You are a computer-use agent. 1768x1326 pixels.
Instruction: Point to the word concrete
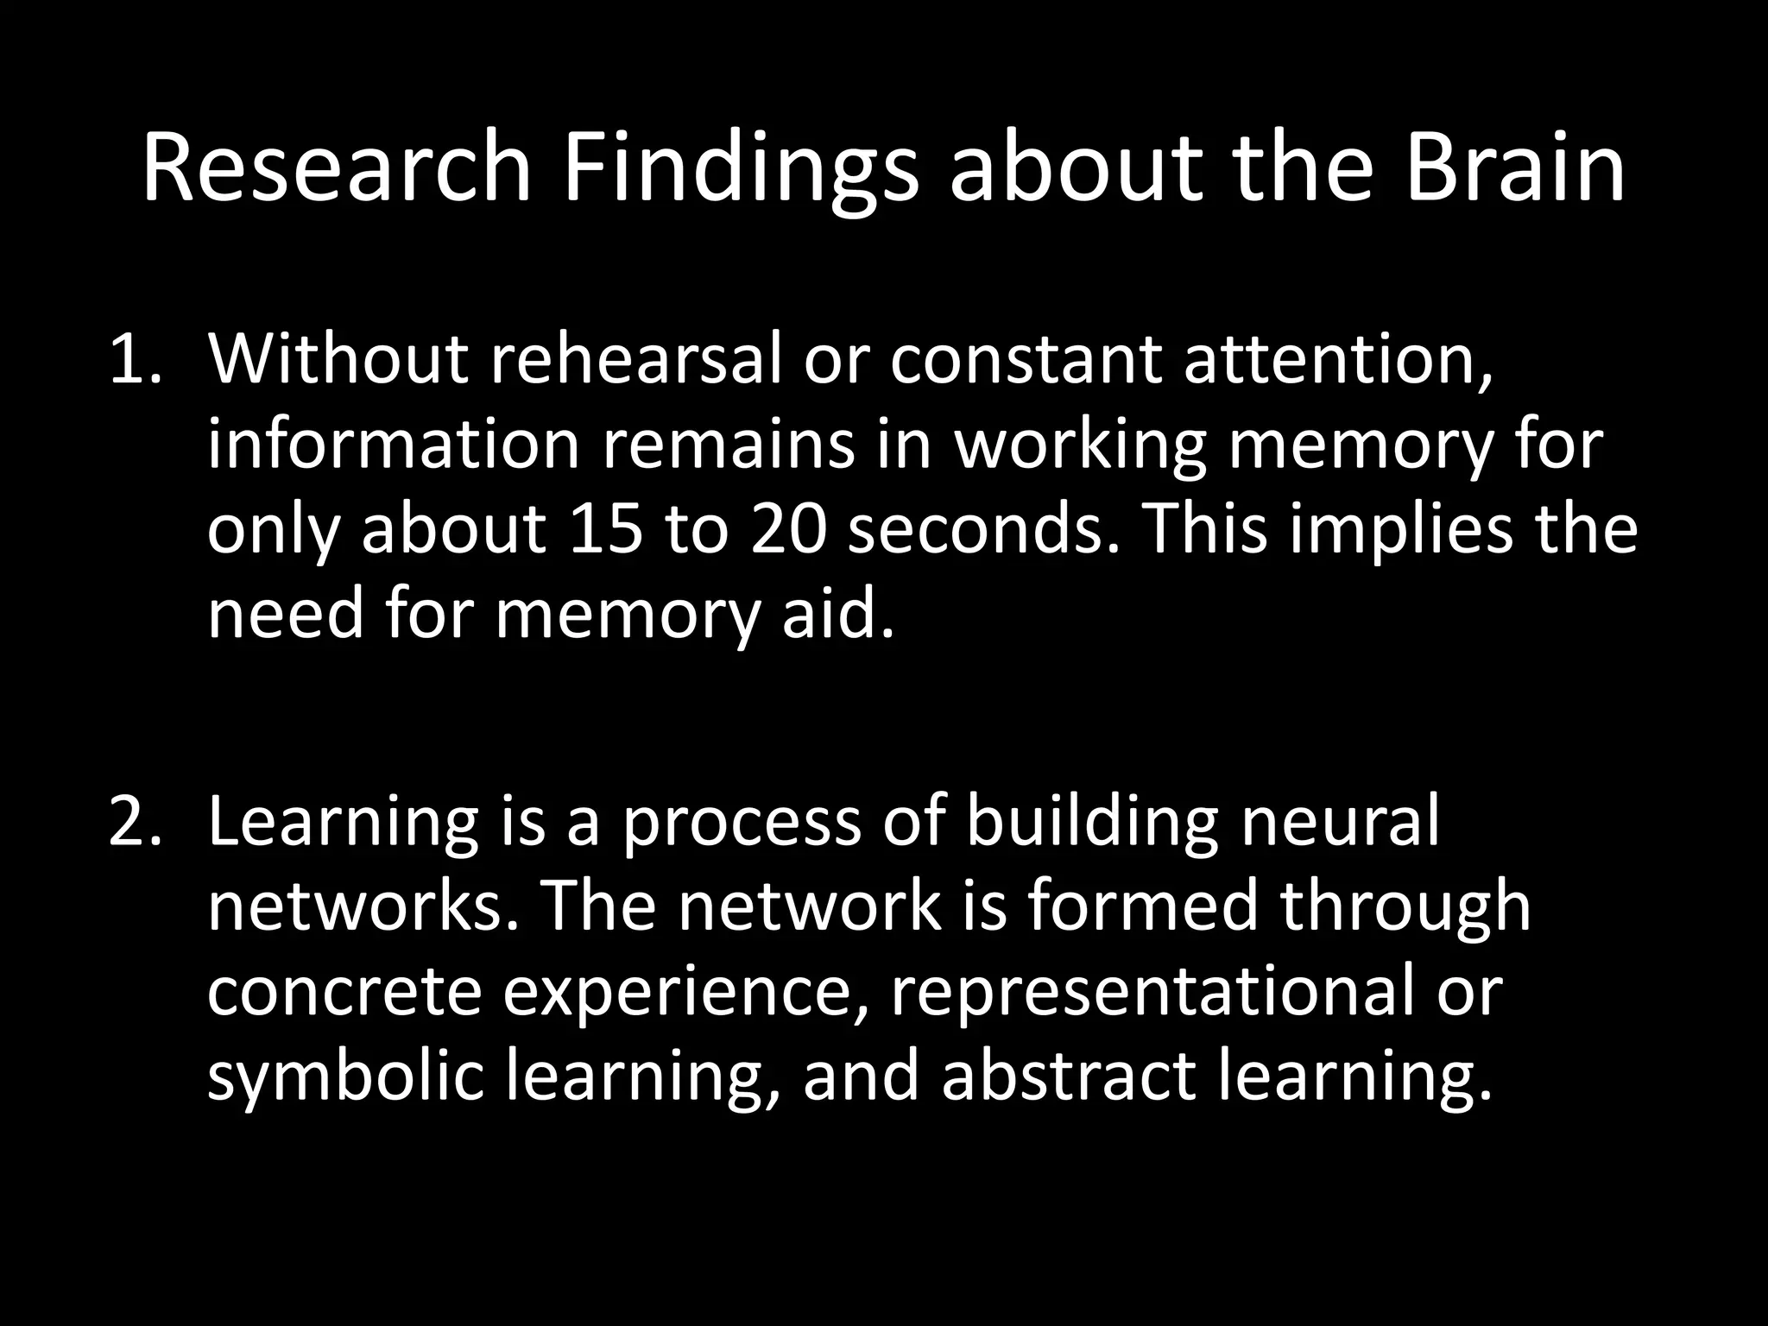coord(344,992)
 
